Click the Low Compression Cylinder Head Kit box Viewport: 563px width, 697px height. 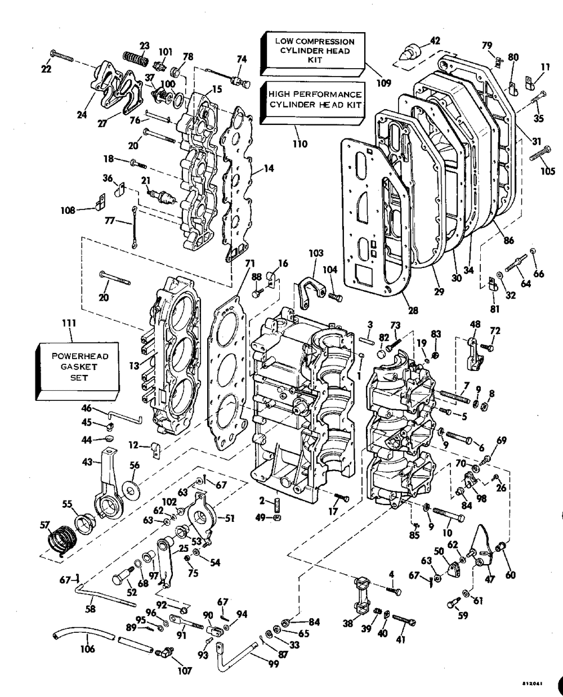[x=312, y=54]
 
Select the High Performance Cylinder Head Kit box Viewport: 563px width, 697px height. [x=312, y=102]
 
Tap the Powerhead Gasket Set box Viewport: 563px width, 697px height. [x=77, y=371]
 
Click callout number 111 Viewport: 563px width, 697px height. [x=69, y=323]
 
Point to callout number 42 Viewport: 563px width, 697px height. [x=435, y=41]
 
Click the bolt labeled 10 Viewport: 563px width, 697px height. [x=449, y=514]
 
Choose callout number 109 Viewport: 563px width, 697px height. [x=384, y=83]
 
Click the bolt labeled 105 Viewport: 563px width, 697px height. [x=540, y=153]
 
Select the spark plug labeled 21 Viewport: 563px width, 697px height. [x=163, y=197]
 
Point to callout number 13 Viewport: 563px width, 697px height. [x=134, y=366]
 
